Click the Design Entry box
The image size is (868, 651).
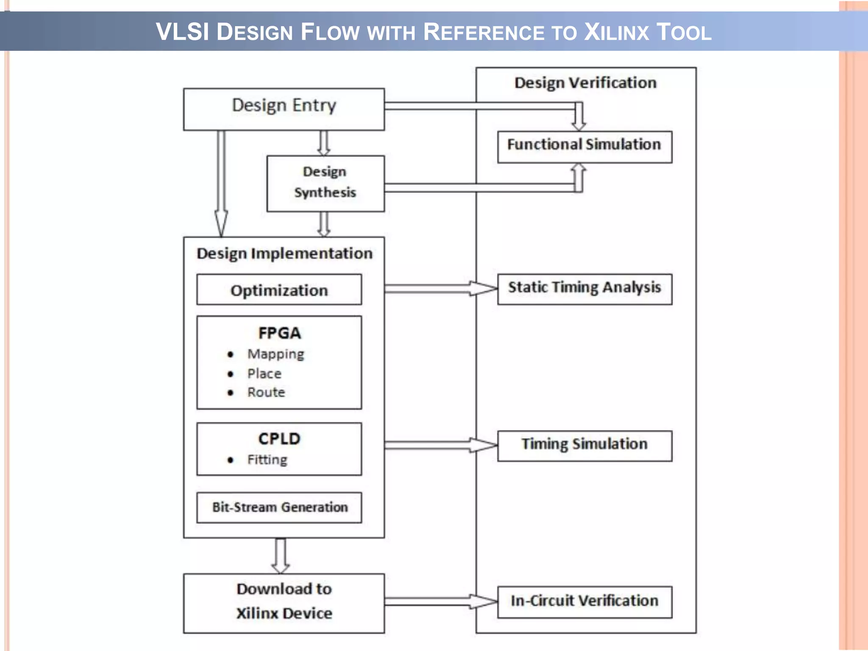284,109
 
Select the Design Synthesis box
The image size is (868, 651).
325,183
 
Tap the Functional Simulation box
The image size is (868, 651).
584,146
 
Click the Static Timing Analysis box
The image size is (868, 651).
584,289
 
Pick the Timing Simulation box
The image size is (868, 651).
584,445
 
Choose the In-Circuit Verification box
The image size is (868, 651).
584,601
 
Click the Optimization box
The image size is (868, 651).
279,290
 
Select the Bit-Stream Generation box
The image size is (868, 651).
279,507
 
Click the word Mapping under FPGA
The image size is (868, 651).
276,354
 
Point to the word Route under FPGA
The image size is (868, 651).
266,392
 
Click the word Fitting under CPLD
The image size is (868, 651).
267,459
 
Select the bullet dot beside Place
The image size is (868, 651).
230,374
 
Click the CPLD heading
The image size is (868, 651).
279,439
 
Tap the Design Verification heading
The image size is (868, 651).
585,83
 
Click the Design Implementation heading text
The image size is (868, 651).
284,253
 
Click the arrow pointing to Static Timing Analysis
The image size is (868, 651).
441,289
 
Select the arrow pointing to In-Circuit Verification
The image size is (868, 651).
441,601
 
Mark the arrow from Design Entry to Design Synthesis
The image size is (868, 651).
324,143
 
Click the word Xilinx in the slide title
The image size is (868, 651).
616,32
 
